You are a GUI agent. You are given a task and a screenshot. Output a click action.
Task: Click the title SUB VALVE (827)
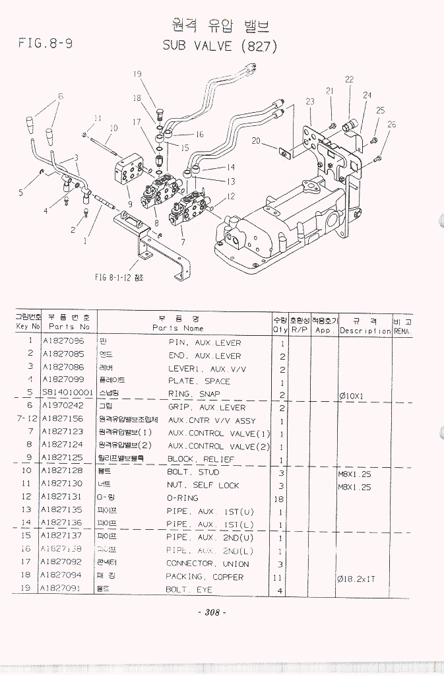(x=219, y=46)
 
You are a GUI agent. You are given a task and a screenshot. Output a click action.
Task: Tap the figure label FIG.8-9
(x=46, y=44)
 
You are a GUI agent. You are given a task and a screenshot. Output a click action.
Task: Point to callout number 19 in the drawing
(x=138, y=74)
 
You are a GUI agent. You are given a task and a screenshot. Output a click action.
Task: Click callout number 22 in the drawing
(x=349, y=79)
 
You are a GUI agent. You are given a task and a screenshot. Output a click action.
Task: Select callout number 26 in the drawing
(x=392, y=124)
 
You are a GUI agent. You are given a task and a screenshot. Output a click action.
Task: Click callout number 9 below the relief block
(x=130, y=205)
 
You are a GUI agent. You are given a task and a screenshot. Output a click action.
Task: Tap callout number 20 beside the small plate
(x=256, y=140)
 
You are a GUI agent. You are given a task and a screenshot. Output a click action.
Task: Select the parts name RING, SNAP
(x=194, y=394)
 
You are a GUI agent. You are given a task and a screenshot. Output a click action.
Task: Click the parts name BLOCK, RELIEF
(x=201, y=459)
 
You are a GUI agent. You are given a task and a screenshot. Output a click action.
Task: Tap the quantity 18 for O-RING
(x=279, y=499)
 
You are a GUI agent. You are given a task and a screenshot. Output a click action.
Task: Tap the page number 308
(x=212, y=612)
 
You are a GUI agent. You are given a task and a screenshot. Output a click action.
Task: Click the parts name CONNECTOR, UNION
(x=208, y=564)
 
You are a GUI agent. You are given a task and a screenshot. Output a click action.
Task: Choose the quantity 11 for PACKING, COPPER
(x=280, y=577)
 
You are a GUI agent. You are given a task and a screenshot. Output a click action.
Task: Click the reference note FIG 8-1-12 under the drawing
(x=119, y=278)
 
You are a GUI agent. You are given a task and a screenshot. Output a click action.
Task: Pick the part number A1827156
(x=63, y=420)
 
